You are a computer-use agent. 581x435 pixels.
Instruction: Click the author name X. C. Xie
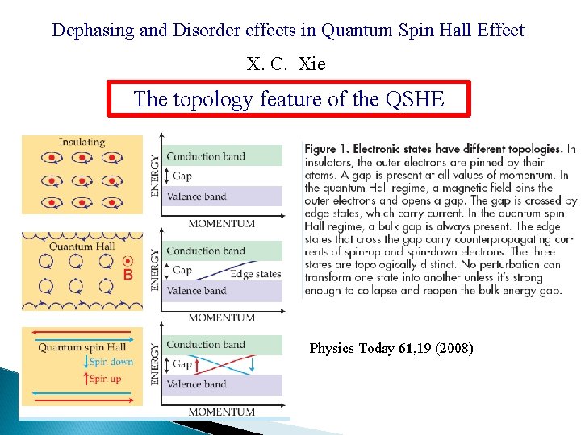[x=287, y=64]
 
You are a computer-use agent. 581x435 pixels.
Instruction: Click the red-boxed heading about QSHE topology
[x=288, y=99]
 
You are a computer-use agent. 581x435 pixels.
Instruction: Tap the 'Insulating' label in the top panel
[x=82, y=142]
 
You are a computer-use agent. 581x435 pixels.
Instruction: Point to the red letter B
[x=127, y=275]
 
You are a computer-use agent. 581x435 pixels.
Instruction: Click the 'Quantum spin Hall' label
[x=82, y=347]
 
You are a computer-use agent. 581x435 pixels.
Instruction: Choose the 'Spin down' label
[x=111, y=362]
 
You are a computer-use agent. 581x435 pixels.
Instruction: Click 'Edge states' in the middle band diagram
[x=255, y=274]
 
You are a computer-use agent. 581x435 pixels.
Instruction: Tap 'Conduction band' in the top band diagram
[x=205, y=156]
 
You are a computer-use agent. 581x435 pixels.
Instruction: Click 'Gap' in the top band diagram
[x=182, y=176]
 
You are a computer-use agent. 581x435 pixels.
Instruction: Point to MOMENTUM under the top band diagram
[x=221, y=223]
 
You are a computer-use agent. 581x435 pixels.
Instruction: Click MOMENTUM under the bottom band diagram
[x=221, y=412]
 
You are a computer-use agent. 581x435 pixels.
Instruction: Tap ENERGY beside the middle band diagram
[x=155, y=269]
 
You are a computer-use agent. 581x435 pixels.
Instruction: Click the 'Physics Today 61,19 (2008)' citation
[x=391, y=349]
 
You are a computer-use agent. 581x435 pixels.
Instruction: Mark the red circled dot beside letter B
[x=127, y=261]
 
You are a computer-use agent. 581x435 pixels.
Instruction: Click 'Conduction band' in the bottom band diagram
[x=205, y=345]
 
